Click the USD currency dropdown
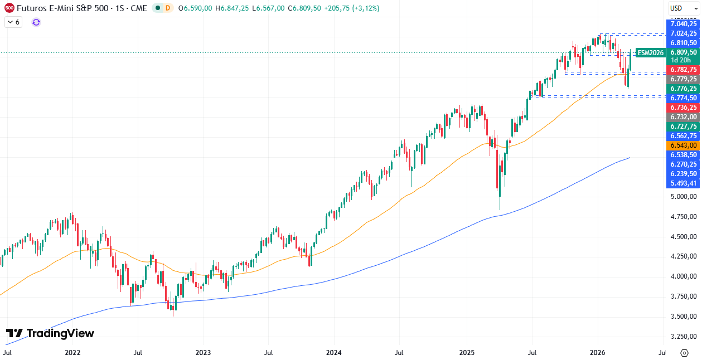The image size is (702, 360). click(x=683, y=8)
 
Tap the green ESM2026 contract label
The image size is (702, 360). click(x=650, y=52)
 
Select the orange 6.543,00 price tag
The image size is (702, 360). click(x=684, y=145)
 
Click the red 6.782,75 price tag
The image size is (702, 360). click(x=684, y=70)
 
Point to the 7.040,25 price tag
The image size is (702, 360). click(x=684, y=24)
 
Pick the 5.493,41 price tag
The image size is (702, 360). click(x=684, y=183)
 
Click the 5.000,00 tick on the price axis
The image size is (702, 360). click(x=684, y=197)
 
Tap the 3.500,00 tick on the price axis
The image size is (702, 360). click(x=684, y=317)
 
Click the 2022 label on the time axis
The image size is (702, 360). click(x=72, y=353)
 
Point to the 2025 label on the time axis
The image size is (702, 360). click(x=467, y=353)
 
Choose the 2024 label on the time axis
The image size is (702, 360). click(x=333, y=353)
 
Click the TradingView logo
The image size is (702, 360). click(x=50, y=333)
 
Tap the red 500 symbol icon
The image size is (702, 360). click(x=9, y=8)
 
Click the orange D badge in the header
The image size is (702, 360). click(x=167, y=8)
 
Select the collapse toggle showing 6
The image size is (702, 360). click(x=13, y=22)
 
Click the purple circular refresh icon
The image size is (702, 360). click(x=36, y=22)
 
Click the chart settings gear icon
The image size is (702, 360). click(x=684, y=353)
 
